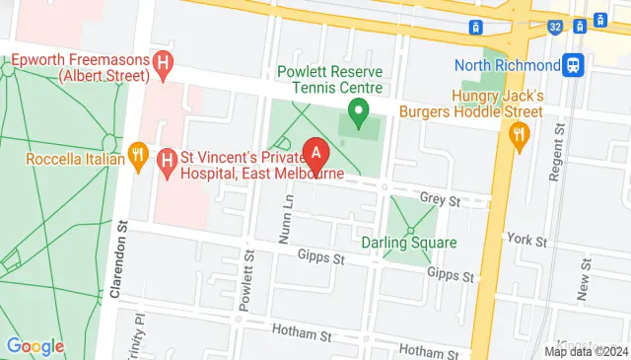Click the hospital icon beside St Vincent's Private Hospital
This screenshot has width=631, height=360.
168,157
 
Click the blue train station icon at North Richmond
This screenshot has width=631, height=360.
573,65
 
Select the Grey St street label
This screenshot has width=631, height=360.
440,200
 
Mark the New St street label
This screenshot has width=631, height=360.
584,286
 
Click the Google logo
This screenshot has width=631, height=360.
35,346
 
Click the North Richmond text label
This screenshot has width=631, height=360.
506,66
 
